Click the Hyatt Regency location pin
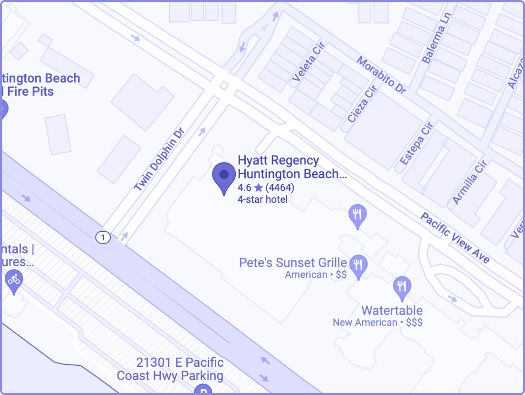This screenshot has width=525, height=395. (x=224, y=176)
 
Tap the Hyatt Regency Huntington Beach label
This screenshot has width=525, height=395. (x=292, y=167)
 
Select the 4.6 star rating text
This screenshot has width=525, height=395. (x=265, y=187)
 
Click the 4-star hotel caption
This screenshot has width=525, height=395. (x=262, y=199)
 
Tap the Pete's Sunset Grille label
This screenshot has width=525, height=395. (x=293, y=263)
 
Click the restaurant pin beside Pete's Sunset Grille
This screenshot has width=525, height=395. (x=358, y=265)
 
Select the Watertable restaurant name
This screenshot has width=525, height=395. (x=392, y=310)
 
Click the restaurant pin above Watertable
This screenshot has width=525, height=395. (x=402, y=287)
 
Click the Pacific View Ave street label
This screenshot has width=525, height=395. (x=454, y=238)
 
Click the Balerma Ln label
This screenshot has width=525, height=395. (x=434, y=44)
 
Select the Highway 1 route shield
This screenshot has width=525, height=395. (x=103, y=237)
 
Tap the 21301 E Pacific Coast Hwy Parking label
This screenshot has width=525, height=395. (x=170, y=369)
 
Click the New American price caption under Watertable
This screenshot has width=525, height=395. (x=378, y=322)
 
